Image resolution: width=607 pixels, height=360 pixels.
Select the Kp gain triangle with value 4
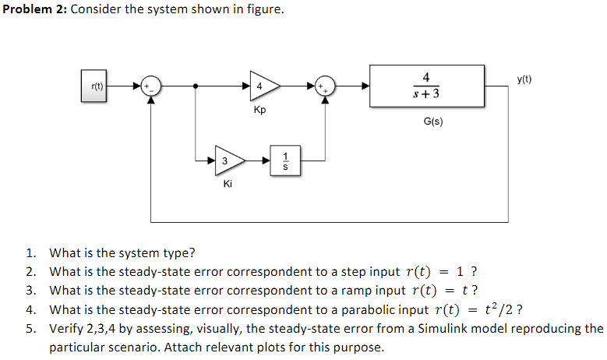tap(260, 85)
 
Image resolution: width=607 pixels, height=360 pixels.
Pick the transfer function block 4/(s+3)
tap(425, 85)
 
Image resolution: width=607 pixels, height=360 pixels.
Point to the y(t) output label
tap(524, 79)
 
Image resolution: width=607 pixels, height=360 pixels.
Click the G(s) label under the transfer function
tap(433, 122)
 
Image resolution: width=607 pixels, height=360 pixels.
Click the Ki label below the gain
tap(227, 185)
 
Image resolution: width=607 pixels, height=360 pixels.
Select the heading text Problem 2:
tap(34, 10)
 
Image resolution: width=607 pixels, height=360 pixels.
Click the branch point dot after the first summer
tap(195, 85)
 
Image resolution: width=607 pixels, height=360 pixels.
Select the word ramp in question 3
tap(355, 291)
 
